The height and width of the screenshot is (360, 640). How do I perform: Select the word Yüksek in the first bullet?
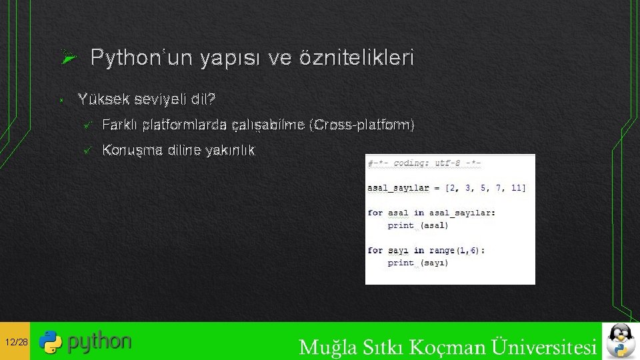[x=104, y=100]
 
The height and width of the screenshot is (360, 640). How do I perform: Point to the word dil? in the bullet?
[x=203, y=100]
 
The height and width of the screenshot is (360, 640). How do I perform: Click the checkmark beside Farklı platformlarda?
[x=85, y=125]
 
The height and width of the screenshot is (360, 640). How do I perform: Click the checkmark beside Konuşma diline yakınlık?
[x=85, y=150]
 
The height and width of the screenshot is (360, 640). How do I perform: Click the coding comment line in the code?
[x=424, y=163]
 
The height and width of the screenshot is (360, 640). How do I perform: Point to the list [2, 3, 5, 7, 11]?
[x=485, y=188]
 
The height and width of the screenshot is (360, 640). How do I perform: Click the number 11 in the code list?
[x=518, y=188]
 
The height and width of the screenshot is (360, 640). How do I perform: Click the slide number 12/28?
[x=15, y=342]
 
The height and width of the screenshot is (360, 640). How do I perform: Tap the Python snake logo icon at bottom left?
[x=50, y=342]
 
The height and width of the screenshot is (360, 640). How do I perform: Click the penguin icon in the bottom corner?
[x=621, y=341]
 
